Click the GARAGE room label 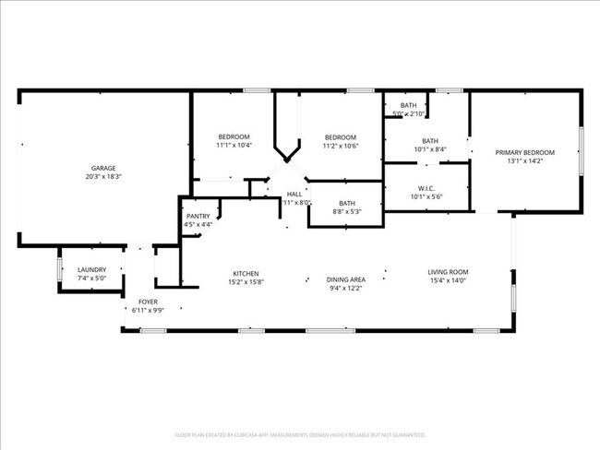point(102,168)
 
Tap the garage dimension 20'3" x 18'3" point(102,176)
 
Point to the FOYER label point(148,302)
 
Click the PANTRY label point(198,216)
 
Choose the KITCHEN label point(245,273)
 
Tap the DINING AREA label point(346,279)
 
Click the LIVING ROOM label point(449,271)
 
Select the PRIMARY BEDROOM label point(525,152)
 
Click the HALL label point(294,194)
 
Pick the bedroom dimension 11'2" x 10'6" point(340,146)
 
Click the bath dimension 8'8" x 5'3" point(347,211)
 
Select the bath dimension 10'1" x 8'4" point(430,149)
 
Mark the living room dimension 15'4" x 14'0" point(449,280)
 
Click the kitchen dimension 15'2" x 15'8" point(245,282)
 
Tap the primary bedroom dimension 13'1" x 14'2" point(525,161)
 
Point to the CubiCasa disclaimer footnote point(300,434)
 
